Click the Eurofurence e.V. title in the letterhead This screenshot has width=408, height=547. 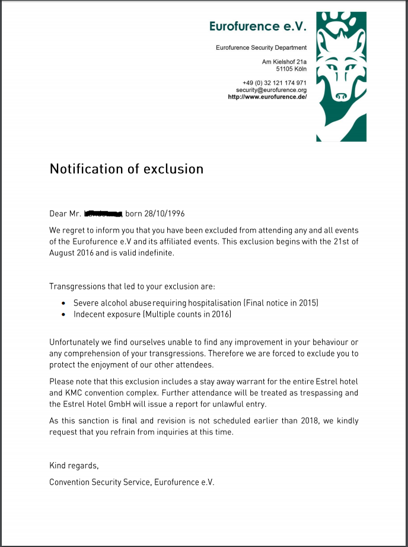(x=258, y=26)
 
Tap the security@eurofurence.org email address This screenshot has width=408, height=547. (x=271, y=90)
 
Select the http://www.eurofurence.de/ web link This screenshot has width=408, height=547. (x=267, y=97)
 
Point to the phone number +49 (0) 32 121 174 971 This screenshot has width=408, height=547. (x=274, y=82)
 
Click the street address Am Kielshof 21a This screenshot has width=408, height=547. (x=284, y=62)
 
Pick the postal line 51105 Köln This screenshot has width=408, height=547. (x=292, y=69)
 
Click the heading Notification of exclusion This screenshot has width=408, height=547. (x=126, y=168)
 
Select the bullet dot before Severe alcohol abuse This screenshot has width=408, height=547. (x=64, y=303)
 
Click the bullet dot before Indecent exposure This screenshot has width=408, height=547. (x=64, y=314)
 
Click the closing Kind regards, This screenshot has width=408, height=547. (x=74, y=466)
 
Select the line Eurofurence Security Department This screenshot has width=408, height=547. (x=261, y=47)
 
